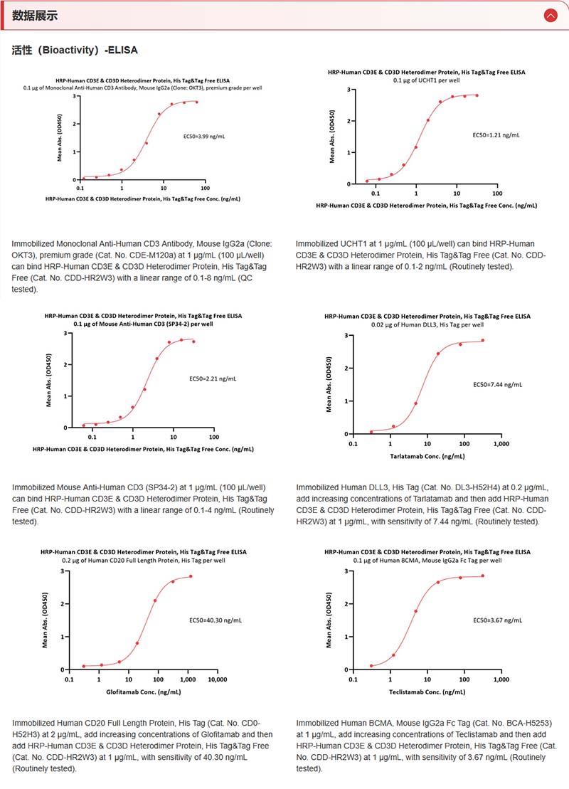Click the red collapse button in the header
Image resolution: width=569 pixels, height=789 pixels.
[550, 15]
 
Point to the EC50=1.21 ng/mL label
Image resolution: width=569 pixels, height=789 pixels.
[496, 135]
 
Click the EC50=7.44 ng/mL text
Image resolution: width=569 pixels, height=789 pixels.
[497, 384]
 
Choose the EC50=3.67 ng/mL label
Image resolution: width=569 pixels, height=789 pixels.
[497, 620]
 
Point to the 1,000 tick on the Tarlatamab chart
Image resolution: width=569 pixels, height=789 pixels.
[500, 443]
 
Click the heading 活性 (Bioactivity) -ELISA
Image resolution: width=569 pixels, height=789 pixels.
[75, 51]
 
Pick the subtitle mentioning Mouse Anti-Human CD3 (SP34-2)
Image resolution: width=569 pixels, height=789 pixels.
[142, 324]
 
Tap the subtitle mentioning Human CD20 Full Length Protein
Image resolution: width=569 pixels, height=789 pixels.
[142, 560]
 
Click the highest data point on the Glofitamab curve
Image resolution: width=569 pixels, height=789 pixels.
[191, 576]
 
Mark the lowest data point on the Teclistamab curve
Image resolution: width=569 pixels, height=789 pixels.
[371, 666]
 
